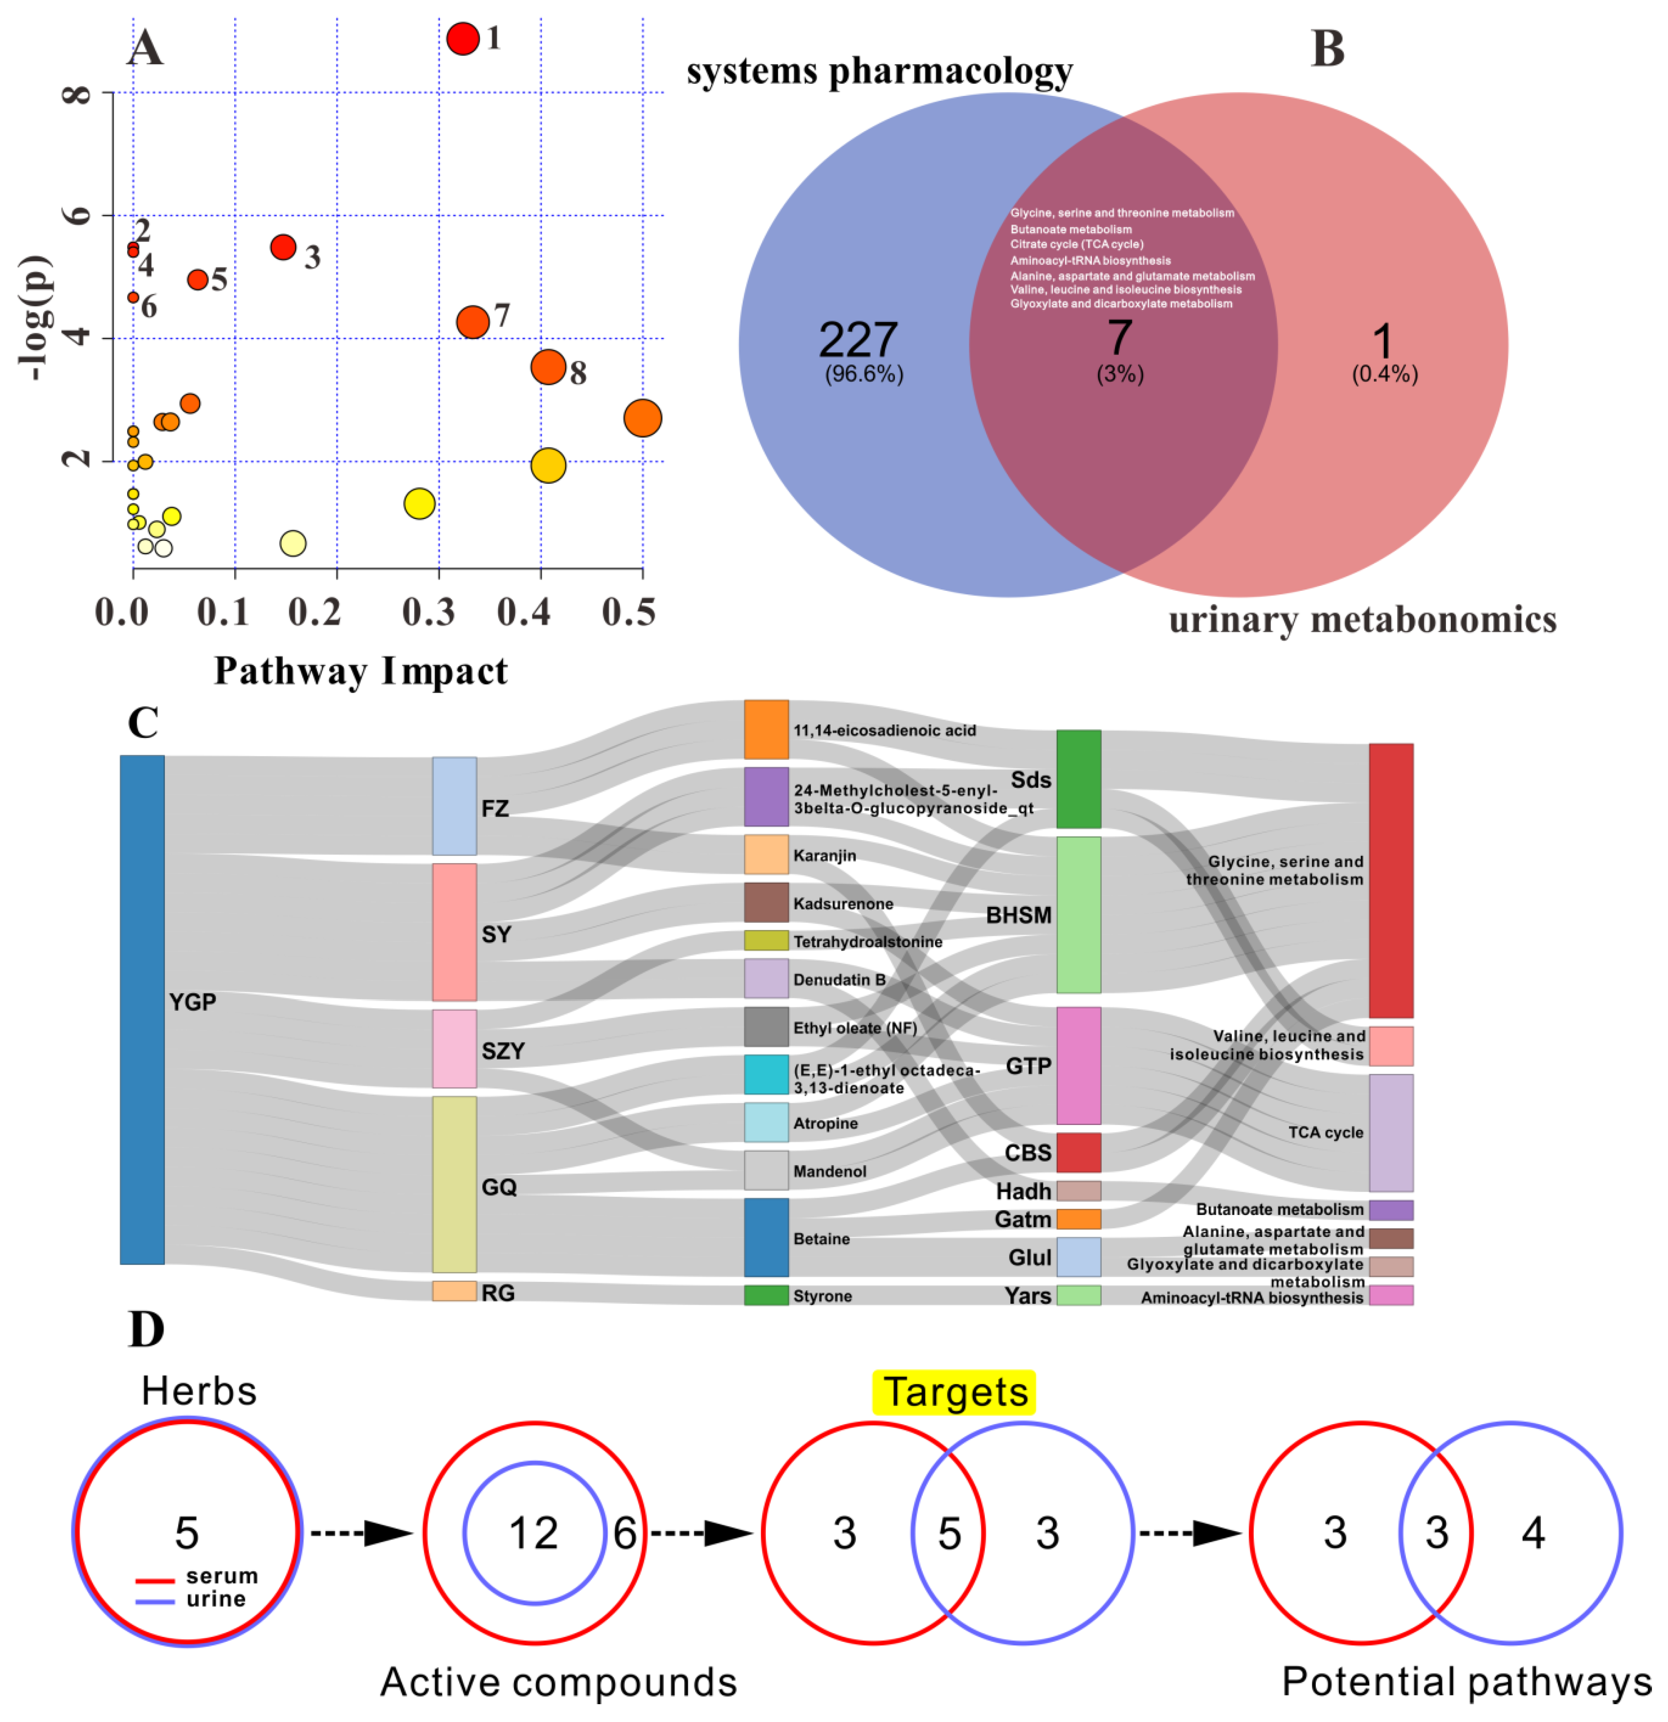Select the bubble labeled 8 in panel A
(x=549, y=367)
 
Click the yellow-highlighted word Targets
(x=954, y=1392)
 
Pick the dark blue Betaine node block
(x=766, y=1237)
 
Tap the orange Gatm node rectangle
(x=1078, y=1219)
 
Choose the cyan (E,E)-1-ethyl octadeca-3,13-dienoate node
(x=766, y=1075)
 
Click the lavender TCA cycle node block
(x=1391, y=1133)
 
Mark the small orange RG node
(x=454, y=1291)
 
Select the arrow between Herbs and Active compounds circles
(x=362, y=1534)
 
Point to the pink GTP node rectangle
(x=1078, y=1065)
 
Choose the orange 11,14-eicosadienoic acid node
(x=766, y=729)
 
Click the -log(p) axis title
(x=35, y=318)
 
